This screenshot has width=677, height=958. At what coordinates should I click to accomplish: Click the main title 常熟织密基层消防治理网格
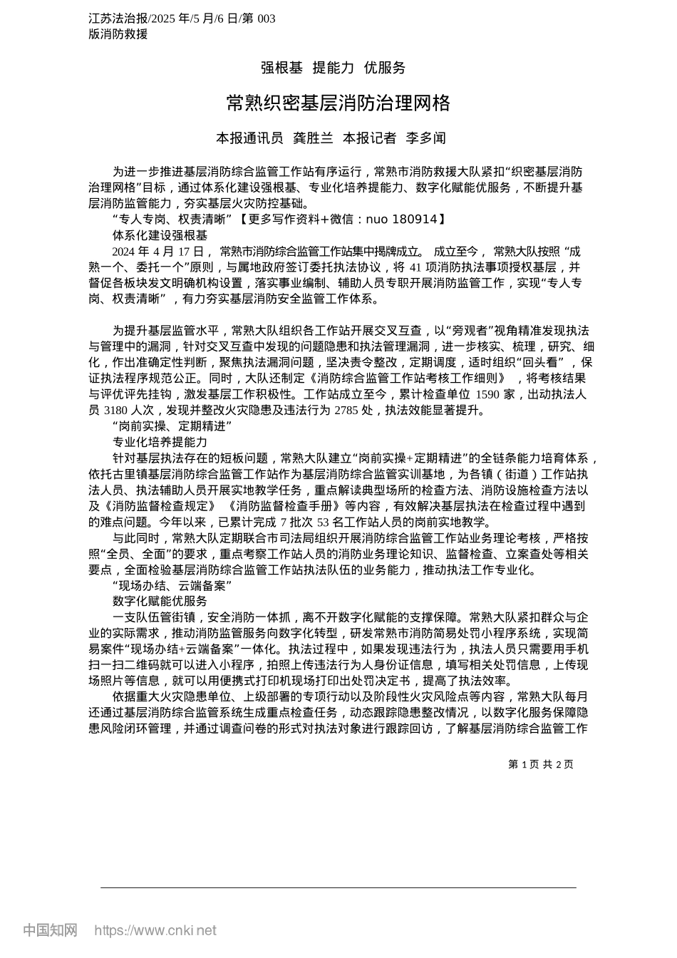click(338, 104)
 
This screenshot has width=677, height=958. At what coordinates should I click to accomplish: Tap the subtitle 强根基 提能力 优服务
click(333, 68)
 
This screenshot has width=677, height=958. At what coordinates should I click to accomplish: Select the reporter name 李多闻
click(425, 138)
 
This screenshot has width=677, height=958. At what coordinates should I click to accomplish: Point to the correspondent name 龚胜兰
click(314, 138)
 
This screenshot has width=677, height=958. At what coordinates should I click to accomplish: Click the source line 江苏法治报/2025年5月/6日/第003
click(182, 19)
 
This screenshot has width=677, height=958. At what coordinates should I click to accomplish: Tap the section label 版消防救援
click(118, 34)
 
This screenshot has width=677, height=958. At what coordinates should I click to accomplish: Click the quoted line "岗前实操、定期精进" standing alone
click(172, 426)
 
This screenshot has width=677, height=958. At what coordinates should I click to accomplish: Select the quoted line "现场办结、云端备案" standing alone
click(172, 585)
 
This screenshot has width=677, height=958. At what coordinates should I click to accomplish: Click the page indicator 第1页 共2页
click(541, 764)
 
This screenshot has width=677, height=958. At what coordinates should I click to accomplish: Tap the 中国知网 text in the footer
click(50, 930)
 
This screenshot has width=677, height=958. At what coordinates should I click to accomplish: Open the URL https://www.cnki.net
click(155, 930)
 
